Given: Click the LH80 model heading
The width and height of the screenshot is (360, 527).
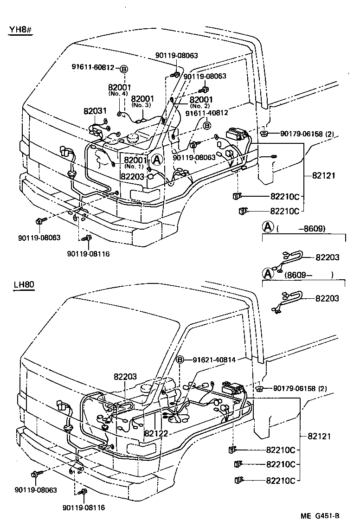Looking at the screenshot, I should coord(23,284).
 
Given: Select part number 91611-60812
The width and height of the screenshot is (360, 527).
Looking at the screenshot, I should coord(93,67).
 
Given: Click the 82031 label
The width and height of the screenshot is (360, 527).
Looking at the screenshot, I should coord(95,111).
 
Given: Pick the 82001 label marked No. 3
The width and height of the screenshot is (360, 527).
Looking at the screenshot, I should coord(142,99).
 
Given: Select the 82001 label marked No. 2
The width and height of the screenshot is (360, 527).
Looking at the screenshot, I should coord(201,100).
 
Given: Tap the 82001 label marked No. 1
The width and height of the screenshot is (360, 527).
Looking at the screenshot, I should coord(135,160).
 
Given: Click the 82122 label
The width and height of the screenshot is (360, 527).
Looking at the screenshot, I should coord(156,433).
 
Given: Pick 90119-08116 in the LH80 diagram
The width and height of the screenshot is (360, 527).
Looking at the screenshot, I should coord(84,508).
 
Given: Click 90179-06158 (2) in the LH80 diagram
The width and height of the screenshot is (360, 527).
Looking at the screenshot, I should coord(306,388).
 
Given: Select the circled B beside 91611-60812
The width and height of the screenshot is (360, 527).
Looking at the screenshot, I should coord(124,69).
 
